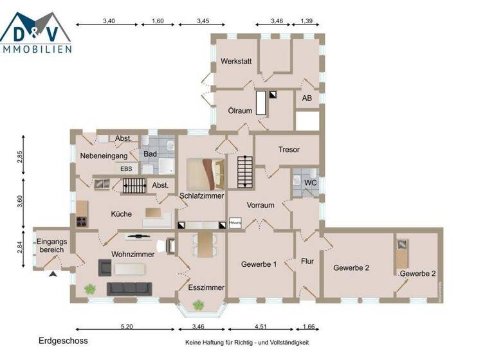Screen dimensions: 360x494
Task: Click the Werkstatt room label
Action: click(x=235, y=62)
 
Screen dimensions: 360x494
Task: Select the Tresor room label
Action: click(x=289, y=149)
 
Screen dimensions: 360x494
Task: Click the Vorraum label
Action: click(x=261, y=206)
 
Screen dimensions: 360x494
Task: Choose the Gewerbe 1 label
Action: click(x=259, y=264)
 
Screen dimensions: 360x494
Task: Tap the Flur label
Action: click(x=307, y=262)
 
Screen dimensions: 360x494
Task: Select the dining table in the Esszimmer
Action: click(x=205, y=245)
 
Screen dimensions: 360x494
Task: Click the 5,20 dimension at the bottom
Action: click(x=126, y=327)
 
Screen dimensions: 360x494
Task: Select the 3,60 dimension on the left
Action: click(x=21, y=201)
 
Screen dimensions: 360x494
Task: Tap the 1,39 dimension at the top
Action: click(x=307, y=21)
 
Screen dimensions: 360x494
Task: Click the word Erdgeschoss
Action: click(x=63, y=341)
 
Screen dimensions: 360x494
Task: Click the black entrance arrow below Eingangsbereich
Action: click(x=53, y=274)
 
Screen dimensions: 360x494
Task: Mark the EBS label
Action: click(x=126, y=168)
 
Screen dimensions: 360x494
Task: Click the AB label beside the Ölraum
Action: click(x=307, y=100)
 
